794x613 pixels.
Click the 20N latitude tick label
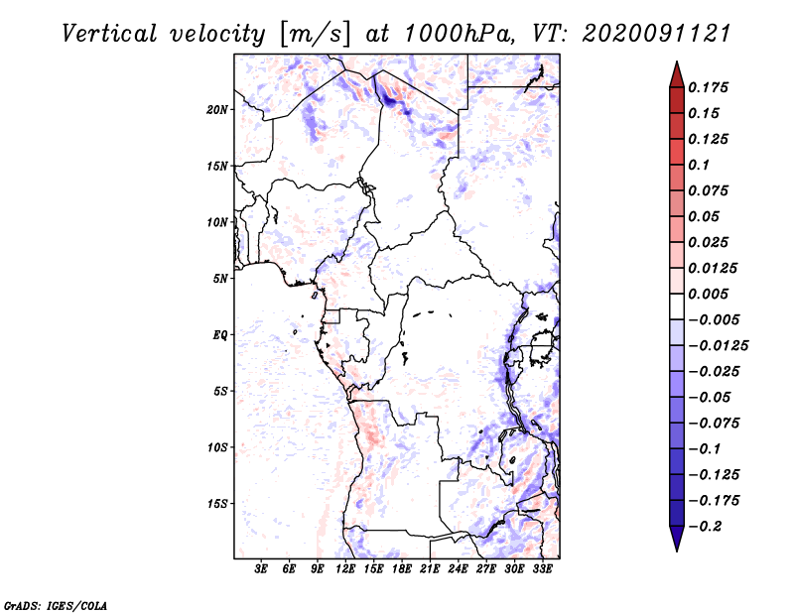click(x=217, y=109)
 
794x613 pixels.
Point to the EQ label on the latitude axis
click(x=219, y=335)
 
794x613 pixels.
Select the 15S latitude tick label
click(x=217, y=504)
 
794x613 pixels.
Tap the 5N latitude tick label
click(x=219, y=279)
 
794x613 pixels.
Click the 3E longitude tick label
click(x=262, y=569)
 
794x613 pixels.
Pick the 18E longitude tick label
click(x=402, y=569)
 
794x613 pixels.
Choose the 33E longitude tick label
click(x=542, y=569)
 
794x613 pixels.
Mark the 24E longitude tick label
click(x=458, y=569)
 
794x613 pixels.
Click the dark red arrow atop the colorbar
click(x=676, y=73)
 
